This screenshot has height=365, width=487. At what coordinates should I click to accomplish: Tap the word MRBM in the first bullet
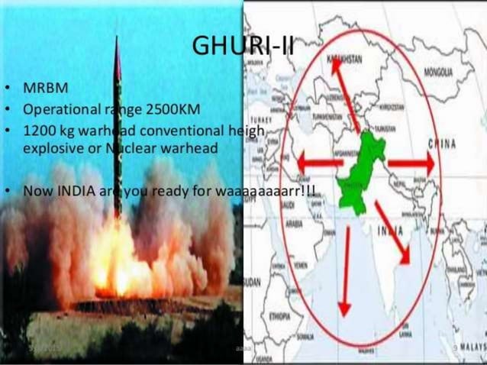point(47,88)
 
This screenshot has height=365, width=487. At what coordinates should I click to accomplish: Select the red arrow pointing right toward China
point(411,163)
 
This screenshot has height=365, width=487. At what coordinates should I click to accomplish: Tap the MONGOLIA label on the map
point(437,73)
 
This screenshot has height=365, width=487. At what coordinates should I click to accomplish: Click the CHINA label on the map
point(443,143)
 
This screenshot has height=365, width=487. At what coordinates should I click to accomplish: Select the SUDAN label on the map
point(251,283)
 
